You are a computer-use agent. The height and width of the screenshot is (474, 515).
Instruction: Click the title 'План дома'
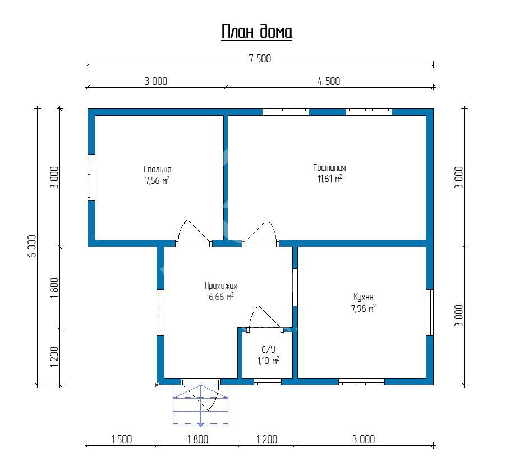coord(256,32)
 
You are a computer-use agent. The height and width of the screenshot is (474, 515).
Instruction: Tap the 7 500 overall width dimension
coord(260,59)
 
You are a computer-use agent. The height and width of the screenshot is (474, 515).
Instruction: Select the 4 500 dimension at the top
coord(329,81)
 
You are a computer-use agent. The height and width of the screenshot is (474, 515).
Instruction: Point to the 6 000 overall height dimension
coord(32,246)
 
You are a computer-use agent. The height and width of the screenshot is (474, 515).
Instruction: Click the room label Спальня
coord(157,169)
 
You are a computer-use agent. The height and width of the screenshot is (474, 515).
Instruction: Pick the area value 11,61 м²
coord(329,179)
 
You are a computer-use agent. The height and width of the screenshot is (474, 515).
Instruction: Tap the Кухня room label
coord(364,297)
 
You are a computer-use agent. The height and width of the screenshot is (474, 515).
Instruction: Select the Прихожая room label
coord(221,285)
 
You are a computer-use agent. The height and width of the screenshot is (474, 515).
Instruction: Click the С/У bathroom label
coord(268,349)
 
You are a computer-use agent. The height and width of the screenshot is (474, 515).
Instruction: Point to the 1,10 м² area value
coord(268,361)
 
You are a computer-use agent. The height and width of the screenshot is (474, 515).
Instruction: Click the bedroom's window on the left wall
coord(91,177)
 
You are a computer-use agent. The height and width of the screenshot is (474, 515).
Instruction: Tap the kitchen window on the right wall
coord(430,312)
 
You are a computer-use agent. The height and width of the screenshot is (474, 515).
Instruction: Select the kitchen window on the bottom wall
coord(361,381)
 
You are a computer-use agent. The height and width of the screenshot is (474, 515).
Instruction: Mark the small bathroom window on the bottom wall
coord(268,381)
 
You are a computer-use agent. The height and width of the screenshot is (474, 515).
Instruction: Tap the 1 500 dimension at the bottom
coord(122,440)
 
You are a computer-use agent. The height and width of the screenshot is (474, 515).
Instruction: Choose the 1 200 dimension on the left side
coord(54,357)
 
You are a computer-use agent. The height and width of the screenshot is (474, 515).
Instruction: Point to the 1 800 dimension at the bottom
coord(197,440)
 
